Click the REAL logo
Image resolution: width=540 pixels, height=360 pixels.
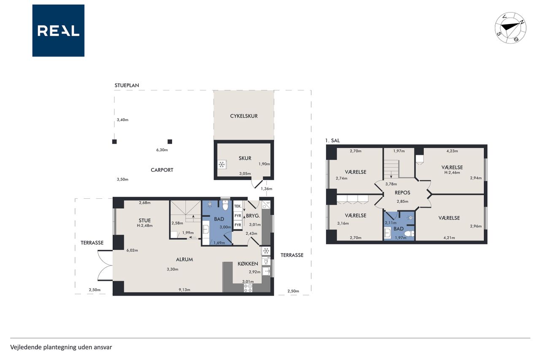click(58, 31)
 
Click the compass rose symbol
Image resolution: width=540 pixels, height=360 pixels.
click(510, 28)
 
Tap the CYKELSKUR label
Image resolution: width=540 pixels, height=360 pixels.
click(244, 116)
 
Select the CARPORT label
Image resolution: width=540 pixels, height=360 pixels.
click(162, 170)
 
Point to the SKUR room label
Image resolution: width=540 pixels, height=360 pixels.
click(245, 158)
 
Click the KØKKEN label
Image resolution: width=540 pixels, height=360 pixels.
click(248, 264)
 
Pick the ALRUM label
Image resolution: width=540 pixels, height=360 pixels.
click(184, 260)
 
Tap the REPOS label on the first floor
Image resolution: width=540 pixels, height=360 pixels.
click(402, 193)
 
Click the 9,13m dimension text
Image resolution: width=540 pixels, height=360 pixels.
click(184, 290)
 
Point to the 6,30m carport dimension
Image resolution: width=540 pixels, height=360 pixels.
click(162, 150)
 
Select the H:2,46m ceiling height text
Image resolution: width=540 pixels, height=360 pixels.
click(452, 173)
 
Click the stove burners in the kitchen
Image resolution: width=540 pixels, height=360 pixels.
click(248, 288)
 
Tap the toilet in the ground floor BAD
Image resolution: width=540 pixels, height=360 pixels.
click(225, 205)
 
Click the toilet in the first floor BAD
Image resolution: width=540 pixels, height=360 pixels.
click(409, 233)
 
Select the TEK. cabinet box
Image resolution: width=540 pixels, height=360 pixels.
click(238, 206)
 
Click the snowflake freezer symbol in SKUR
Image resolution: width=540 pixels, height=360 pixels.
click(221, 165)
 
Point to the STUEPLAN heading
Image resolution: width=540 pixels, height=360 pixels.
click(127, 85)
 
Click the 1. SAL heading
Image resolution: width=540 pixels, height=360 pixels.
click(332, 141)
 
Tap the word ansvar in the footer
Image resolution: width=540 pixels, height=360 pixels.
click(104, 347)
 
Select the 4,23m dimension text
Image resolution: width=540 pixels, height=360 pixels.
click(452, 151)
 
